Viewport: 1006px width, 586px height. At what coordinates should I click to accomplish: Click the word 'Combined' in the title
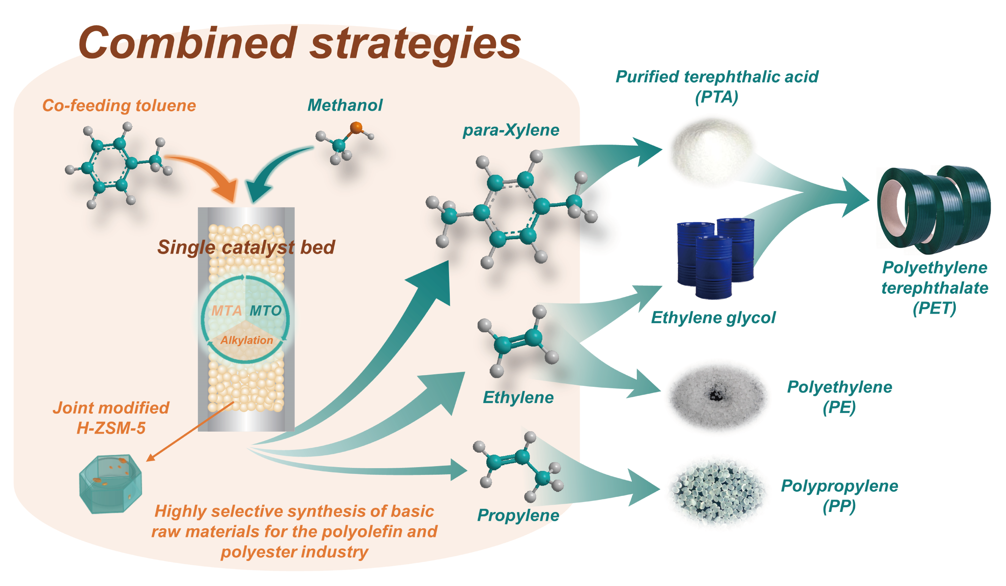coord(188,43)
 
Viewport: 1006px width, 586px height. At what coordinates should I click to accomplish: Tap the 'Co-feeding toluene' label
coord(119,106)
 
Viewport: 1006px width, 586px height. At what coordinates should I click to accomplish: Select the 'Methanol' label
coord(345,105)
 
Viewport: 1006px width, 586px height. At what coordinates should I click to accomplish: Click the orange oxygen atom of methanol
coord(356,128)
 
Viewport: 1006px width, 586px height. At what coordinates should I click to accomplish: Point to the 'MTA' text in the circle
coord(226,311)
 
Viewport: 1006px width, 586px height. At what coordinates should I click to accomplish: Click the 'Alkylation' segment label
coord(247,340)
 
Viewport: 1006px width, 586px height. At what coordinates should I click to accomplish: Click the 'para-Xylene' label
coord(511,130)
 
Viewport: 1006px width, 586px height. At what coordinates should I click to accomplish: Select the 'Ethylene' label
coord(518,397)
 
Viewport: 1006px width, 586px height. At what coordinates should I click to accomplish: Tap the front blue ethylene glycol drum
coord(713,267)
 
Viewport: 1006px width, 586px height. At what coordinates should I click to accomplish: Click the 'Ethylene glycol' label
coord(713,318)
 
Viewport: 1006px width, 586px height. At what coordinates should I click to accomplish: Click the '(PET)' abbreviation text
coord(934,308)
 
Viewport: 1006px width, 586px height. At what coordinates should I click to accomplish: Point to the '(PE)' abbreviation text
coord(839,407)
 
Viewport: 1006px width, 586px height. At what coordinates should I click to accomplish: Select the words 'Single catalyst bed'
coord(246,247)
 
